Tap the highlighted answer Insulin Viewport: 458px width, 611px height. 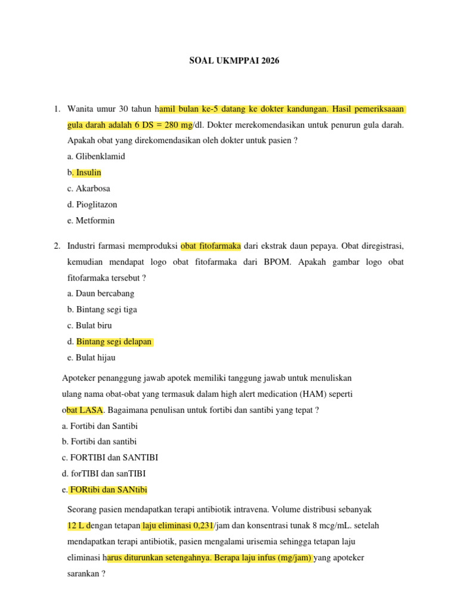[x=87, y=172]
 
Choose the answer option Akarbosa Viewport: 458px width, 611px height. [x=92, y=189]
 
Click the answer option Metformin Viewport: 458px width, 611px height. [x=94, y=221]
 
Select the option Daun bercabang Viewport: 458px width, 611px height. [x=101, y=294]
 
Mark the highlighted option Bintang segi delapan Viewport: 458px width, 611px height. [x=114, y=342]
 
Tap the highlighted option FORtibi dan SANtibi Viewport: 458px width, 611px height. [x=108, y=490]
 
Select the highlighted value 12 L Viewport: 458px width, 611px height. [x=79, y=526]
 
